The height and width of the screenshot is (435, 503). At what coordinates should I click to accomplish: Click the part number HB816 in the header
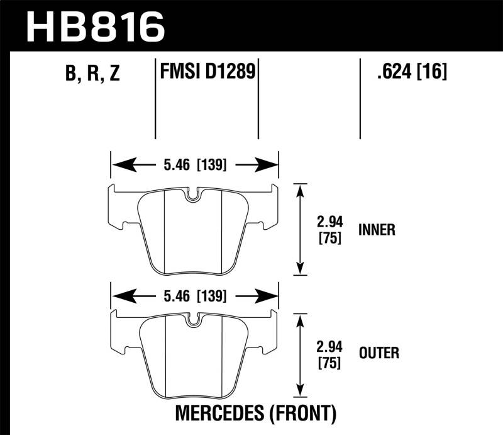click(x=96, y=27)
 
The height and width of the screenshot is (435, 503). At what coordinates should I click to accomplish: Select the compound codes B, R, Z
click(x=92, y=72)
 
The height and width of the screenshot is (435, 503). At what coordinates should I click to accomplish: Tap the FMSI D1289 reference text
click(x=207, y=71)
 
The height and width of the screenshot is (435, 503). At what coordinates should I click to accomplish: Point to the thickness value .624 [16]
click(x=412, y=71)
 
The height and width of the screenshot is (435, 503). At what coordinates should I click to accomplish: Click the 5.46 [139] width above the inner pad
click(x=195, y=165)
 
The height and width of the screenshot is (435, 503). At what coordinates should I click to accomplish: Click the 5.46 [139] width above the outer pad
click(x=195, y=296)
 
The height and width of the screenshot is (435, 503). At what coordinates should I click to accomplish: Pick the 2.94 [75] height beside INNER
click(x=329, y=230)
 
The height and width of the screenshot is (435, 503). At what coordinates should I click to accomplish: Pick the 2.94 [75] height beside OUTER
click(x=329, y=354)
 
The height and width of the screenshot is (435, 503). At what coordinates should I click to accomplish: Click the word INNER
click(x=377, y=230)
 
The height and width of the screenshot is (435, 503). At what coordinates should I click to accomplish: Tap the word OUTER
click(x=379, y=353)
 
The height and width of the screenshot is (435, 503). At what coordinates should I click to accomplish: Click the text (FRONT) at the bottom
click(x=302, y=413)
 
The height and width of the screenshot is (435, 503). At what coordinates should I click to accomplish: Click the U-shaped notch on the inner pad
click(x=192, y=195)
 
